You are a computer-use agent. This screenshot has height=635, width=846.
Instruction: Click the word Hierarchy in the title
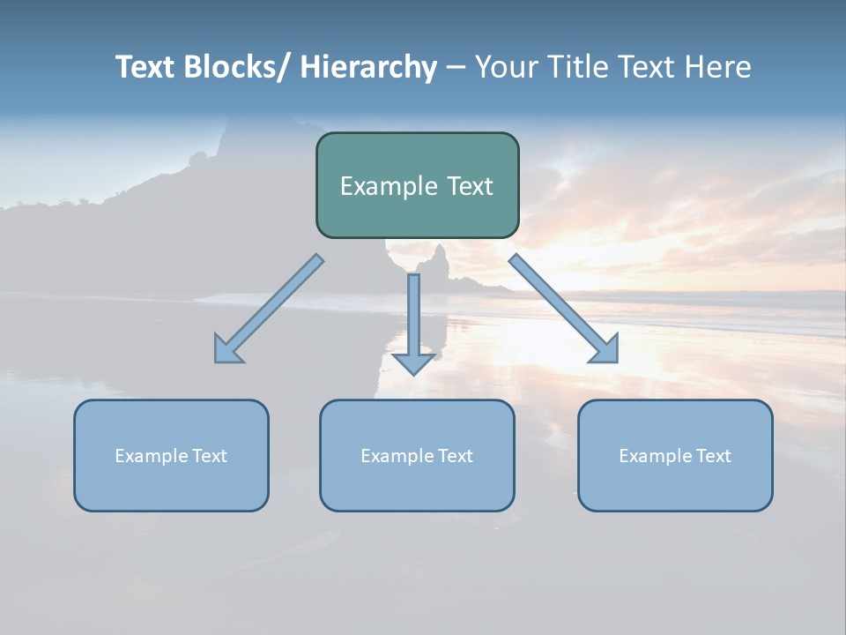pos(368,67)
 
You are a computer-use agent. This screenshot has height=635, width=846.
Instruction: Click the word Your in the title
pos(505,67)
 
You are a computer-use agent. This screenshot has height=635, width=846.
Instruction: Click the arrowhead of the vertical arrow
pos(413,363)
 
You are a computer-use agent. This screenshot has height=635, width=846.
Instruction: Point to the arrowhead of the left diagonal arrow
pos(226,351)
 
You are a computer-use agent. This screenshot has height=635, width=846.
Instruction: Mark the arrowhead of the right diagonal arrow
pos(606,351)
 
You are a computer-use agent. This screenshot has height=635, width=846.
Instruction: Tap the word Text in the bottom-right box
pos(713,456)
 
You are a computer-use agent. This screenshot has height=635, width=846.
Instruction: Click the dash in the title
pos(456,67)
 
